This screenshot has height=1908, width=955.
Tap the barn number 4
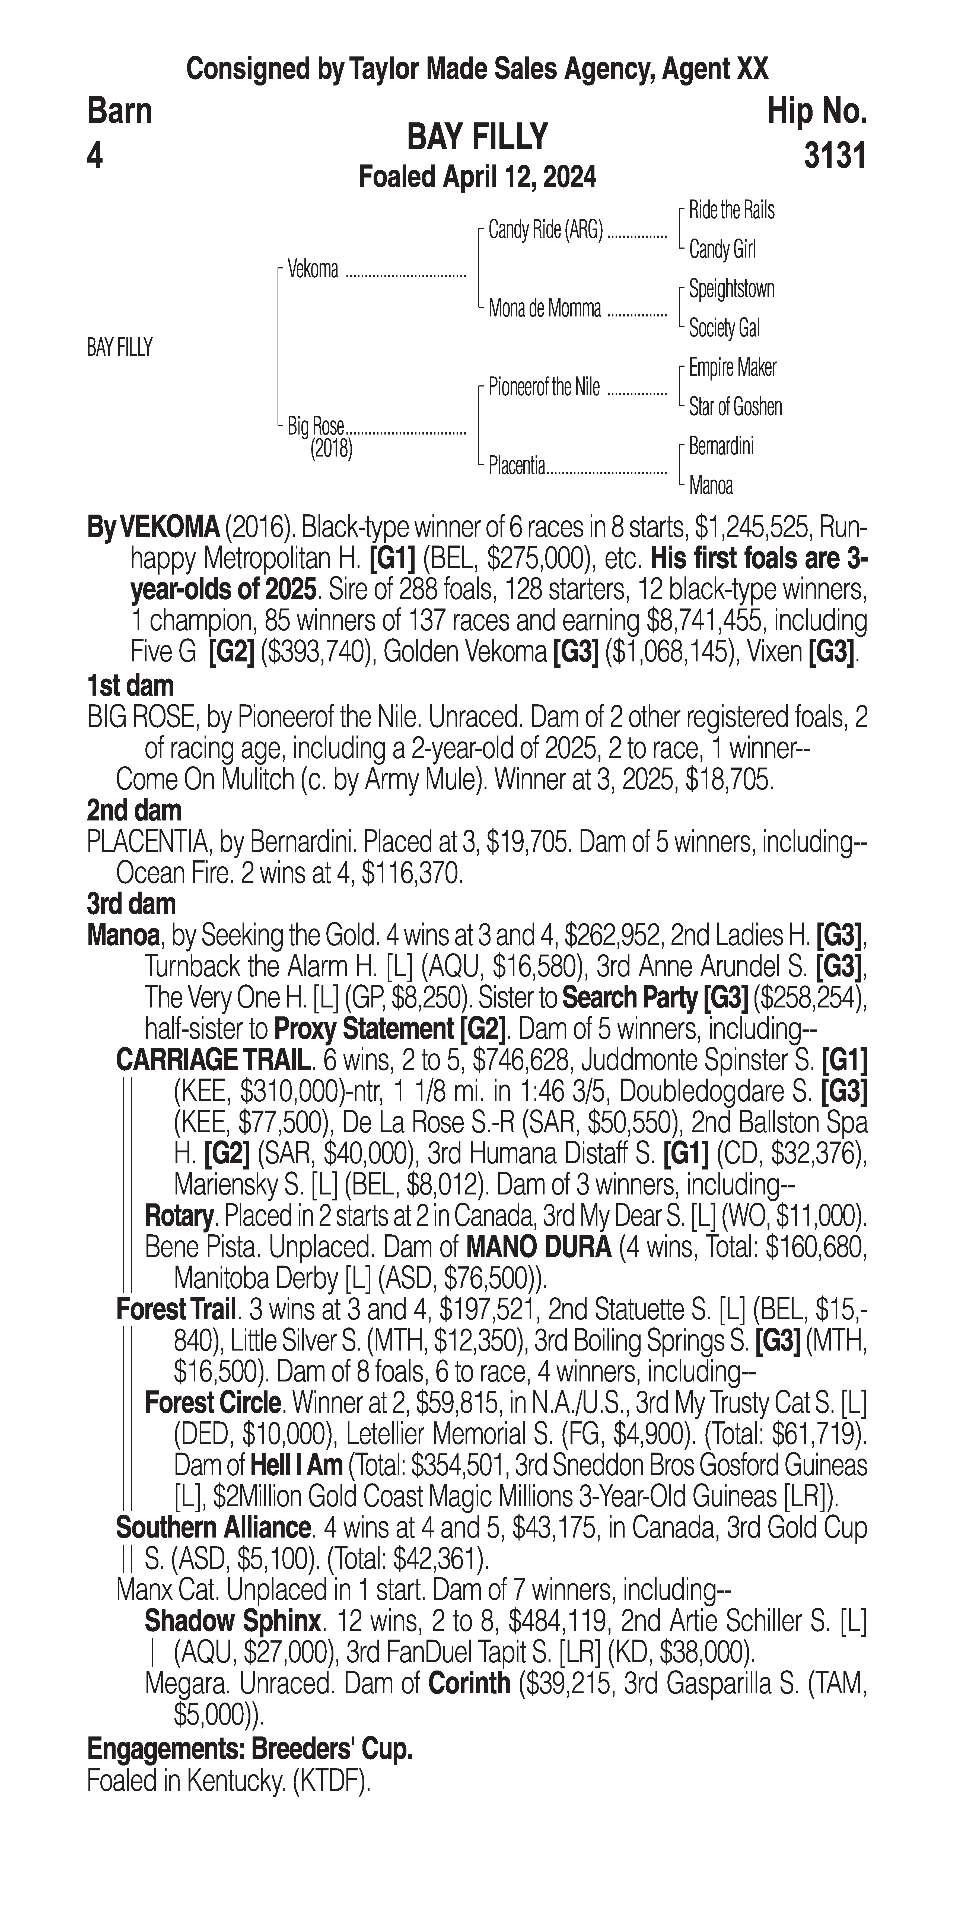pos(95,156)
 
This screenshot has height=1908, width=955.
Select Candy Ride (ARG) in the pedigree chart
pos(546,230)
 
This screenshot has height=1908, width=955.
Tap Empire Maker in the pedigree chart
pos(732,367)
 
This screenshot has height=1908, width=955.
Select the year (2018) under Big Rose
pos(331,449)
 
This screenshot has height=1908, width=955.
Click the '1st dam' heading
pos(130,686)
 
